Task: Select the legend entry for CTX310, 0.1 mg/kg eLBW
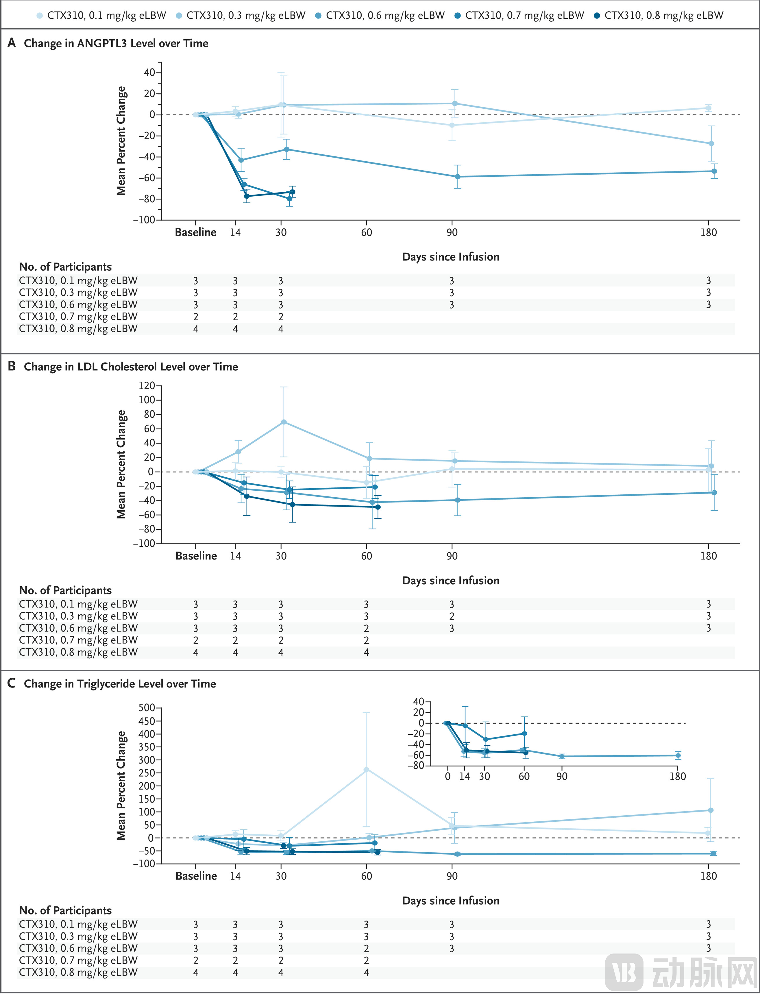[106, 15]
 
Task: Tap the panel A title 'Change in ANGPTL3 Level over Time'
[116, 43]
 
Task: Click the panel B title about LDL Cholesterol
[131, 367]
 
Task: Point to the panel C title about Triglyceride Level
[120, 684]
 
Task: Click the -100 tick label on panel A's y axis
[144, 220]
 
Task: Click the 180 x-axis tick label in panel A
[709, 232]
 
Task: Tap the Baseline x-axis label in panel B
[196, 556]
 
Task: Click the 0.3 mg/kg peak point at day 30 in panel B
[284, 422]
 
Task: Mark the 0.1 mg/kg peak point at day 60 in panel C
[367, 770]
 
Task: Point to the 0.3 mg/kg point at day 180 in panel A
[711, 144]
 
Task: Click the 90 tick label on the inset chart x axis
[562, 776]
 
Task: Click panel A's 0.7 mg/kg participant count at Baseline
[195, 317]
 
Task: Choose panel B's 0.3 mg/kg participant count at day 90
[452, 616]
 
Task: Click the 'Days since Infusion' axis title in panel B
[451, 581]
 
